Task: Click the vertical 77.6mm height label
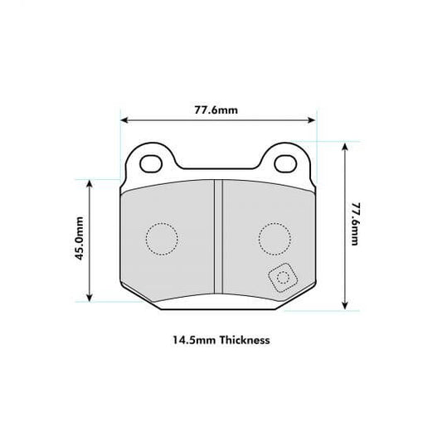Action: coord(356,221)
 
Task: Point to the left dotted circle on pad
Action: coord(161,240)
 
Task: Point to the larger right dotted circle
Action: coord(274,239)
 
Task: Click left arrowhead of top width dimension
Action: coord(124,121)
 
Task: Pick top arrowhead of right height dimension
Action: coord(344,143)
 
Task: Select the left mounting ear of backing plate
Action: coord(152,162)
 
